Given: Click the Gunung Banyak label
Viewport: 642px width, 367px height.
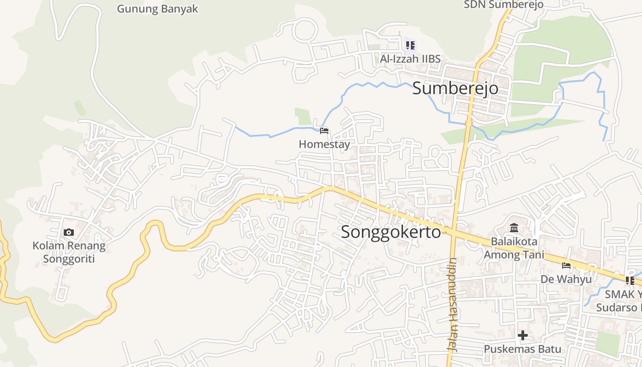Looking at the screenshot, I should click(157, 9).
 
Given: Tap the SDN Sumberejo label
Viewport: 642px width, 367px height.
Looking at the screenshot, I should click(503, 5).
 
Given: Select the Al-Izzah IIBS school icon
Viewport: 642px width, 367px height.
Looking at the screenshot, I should click(410, 45).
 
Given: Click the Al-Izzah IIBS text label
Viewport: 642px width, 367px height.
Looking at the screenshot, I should click(410, 59).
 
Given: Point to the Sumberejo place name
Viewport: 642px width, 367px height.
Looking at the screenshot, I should click(455, 88).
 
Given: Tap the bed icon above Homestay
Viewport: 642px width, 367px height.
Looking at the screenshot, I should click(324, 131).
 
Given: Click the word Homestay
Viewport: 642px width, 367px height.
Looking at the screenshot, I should click(324, 144).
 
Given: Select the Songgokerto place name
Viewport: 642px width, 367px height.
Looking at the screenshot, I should click(391, 232).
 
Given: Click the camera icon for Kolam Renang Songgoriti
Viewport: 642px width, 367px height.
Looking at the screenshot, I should click(69, 233).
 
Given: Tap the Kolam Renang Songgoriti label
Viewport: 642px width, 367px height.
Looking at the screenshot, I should click(69, 252).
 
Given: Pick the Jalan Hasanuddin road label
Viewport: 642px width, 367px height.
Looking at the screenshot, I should click(453, 305).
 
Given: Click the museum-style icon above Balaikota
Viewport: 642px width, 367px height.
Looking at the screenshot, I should click(514, 228).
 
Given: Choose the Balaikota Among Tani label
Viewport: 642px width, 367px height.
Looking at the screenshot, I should click(514, 248).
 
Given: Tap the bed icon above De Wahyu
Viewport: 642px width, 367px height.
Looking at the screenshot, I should click(566, 266).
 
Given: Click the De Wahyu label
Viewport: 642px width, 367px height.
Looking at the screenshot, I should click(565, 279).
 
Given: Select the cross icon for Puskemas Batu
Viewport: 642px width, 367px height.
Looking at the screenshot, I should click(522, 336).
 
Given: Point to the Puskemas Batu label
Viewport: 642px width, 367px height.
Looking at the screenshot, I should click(522, 349).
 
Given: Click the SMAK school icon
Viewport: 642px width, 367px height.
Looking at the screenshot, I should click(630, 280).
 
